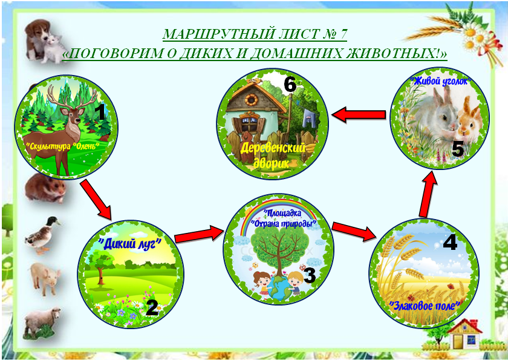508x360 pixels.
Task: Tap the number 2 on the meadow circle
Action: (x=152, y=307)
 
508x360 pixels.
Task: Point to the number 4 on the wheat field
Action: (x=450, y=242)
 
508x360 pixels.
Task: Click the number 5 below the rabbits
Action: (x=457, y=149)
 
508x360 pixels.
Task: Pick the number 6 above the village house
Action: (x=290, y=85)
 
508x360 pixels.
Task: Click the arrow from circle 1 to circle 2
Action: (x=96, y=199)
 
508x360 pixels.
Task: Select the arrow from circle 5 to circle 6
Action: (x=358, y=115)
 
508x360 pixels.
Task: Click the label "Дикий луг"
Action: (x=130, y=243)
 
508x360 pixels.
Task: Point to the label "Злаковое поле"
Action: (x=425, y=306)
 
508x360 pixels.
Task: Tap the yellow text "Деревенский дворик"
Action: (x=273, y=156)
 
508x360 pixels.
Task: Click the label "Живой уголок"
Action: (x=441, y=81)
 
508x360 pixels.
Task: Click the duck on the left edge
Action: (x=43, y=235)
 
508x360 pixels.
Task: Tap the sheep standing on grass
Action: (x=42, y=323)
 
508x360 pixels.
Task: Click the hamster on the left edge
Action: (x=45, y=188)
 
